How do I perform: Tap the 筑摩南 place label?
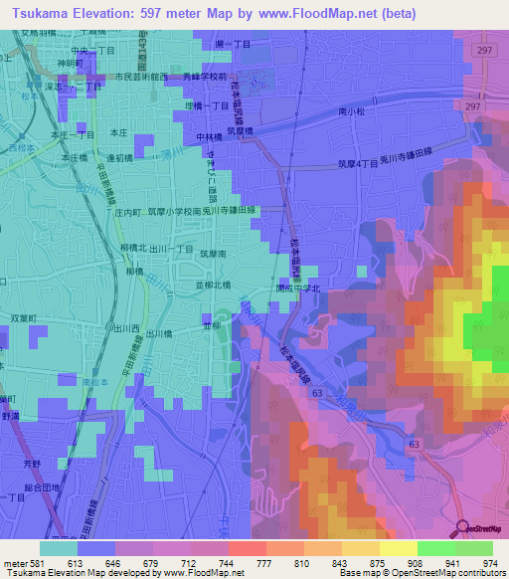coord(213,255)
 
